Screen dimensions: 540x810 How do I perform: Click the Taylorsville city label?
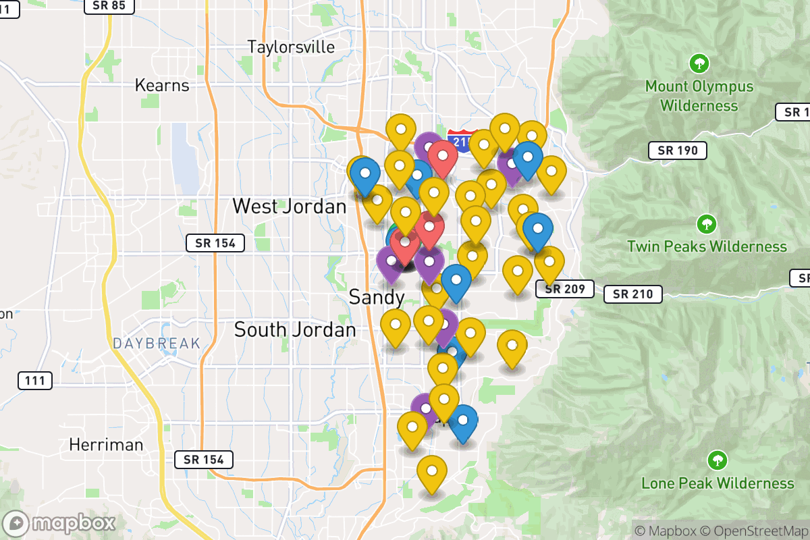291,47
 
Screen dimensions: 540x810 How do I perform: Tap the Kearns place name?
162,86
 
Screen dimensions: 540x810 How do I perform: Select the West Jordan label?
289,206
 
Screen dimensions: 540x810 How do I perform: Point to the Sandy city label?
377,297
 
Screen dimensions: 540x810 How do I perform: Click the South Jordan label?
294,329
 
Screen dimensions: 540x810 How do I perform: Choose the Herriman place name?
106,445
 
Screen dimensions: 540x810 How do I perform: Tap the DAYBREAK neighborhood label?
157,344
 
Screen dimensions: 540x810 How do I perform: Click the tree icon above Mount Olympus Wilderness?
699,64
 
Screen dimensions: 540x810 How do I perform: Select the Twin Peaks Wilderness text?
707,247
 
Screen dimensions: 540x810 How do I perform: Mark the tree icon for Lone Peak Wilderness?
717,461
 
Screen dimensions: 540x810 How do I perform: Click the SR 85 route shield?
109,5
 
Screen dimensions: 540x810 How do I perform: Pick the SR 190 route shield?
677,151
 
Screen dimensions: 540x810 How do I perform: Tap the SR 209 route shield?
564,290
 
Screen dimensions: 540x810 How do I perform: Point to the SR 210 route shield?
632,294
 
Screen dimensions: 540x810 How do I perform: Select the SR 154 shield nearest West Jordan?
215,243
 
